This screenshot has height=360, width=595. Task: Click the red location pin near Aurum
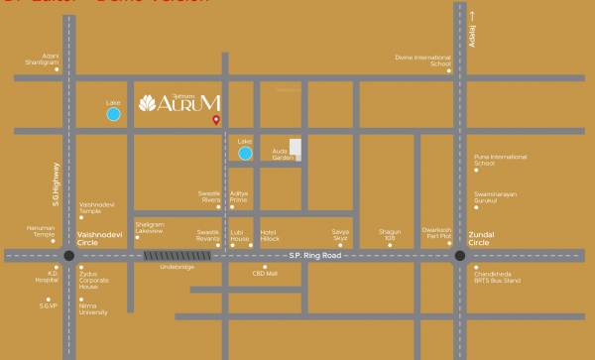point(216,120)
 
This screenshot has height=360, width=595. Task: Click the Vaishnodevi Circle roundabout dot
point(68,255)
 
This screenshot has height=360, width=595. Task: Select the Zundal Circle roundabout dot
point(460,255)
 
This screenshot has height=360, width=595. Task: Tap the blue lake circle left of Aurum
point(114,115)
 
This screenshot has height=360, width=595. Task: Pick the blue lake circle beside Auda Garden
point(245,153)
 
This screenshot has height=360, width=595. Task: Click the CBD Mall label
point(265,273)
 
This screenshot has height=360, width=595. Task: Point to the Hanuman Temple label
point(41,231)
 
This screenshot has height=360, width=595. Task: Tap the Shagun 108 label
point(390,235)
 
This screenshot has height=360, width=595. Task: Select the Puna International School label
point(500,160)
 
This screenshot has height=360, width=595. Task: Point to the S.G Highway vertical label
point(58,182)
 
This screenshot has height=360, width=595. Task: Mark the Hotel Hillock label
point(269,235)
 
